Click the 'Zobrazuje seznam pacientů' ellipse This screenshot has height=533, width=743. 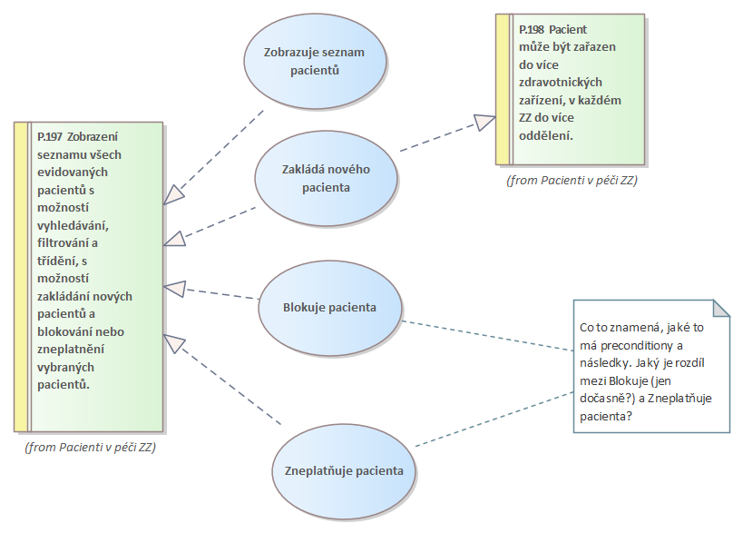(x=315, y=60)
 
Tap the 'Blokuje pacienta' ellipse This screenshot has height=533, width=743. (x=329, y=307)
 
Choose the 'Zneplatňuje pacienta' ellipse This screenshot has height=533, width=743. (x=344, y=471)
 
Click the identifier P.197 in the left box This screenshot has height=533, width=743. (x=50, y=135)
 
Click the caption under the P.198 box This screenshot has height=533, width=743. (x=572, y=180)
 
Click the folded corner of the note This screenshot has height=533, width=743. (x=721, y=309)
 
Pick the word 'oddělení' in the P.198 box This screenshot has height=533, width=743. (x=546, y=135)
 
